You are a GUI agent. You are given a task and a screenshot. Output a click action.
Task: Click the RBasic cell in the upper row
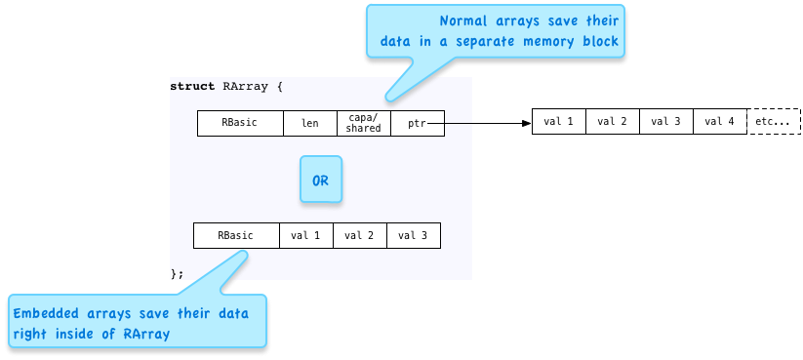[x=240, y=123]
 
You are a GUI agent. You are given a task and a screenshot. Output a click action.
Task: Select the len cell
[x=309, y=123]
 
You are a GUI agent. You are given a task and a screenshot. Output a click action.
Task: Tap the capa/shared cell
[x=363, y=123]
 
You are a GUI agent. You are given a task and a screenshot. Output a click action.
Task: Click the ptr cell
[x=417, y=123]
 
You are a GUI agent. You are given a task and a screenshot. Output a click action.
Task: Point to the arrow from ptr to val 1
[x=487, y=123]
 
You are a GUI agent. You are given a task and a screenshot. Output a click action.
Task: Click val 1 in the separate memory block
[x=558, y=122]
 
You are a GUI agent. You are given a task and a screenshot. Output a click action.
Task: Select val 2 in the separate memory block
[x=612, y=122]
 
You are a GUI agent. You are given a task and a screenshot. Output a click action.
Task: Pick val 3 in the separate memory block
[x=665, y=122]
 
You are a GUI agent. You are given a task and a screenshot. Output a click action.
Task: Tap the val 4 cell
[x=719, y=122]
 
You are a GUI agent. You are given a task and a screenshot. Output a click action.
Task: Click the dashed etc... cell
[x=774, y=122]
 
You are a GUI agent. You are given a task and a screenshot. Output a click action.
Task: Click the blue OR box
[x=321, y=180]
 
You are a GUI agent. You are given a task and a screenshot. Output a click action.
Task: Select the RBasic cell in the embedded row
[x=235, y=235]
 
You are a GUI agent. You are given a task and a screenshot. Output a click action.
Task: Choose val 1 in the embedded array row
[x=305, y=235]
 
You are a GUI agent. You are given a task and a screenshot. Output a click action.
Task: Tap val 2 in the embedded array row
[x=359, y=235]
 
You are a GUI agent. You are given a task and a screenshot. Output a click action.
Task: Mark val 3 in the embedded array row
[x=413, y=235]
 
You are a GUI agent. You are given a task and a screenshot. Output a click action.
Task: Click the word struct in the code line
[x=192, y=86]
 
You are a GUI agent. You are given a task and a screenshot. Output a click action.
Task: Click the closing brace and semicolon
[x=177, y=273]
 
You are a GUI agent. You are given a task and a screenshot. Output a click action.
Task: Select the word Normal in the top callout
[x=462, y=21]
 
